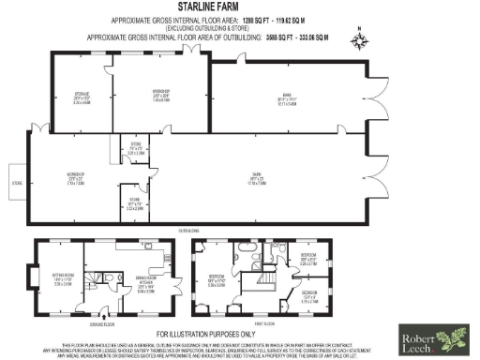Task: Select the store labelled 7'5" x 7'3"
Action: click(135, 147)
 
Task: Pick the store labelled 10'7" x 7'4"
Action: click(135, 202)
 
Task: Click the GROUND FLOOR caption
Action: click(101, 323)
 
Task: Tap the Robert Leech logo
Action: click(439, 340)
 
